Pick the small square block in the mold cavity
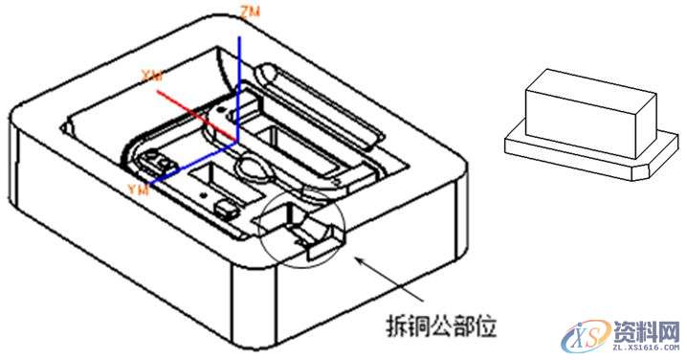[x=227, y=206]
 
